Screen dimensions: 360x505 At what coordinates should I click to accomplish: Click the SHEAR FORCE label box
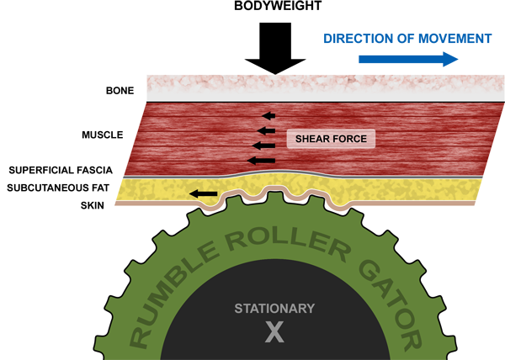(x=329, y=138)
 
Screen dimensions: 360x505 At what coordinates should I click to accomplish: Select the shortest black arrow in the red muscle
(x=269, y=115)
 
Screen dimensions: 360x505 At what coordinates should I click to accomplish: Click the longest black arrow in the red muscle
(x=262, y=159)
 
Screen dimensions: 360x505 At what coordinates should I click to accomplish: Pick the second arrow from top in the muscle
(x=267, y=130)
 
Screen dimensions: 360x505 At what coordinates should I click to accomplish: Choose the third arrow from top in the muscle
(x=264, y=145)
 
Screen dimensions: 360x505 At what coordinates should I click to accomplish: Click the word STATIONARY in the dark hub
(x=274, y=308)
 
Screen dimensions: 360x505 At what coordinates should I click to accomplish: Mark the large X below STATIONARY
(x=274, y=333)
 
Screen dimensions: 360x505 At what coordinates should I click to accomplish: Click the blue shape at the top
(x=396, y=34)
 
